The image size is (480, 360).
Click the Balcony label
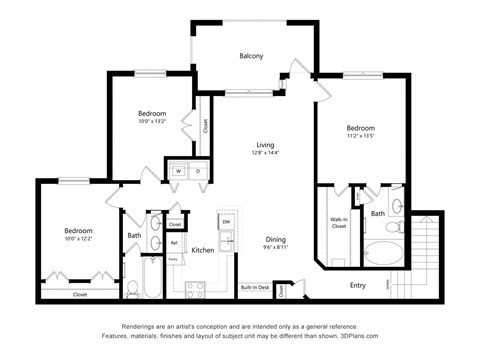point(251,56)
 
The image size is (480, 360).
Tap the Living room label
point(264,144)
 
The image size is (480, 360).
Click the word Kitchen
point(203,249)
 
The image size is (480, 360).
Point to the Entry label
point(357,285)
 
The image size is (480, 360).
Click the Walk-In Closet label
point(338,223)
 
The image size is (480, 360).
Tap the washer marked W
point(178,171)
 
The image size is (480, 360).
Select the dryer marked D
point(197,171)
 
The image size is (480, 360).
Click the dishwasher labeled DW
point(226,221)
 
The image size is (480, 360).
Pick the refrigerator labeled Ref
point(174,242)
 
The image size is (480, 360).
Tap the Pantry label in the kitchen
point(173,259)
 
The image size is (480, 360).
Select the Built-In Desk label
point(254,288)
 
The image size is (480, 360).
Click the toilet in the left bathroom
point(132,288)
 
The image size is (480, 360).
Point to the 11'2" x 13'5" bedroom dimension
point(360,137)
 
